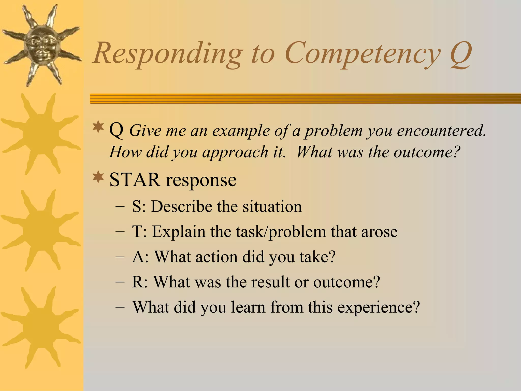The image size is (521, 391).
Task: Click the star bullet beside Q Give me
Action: click(98, 127)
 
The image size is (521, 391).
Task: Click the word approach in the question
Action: click(235, 152)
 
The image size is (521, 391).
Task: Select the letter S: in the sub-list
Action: click(139, 206)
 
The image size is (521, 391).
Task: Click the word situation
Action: click(272, 206)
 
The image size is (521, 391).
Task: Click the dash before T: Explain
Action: click(120, 232)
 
